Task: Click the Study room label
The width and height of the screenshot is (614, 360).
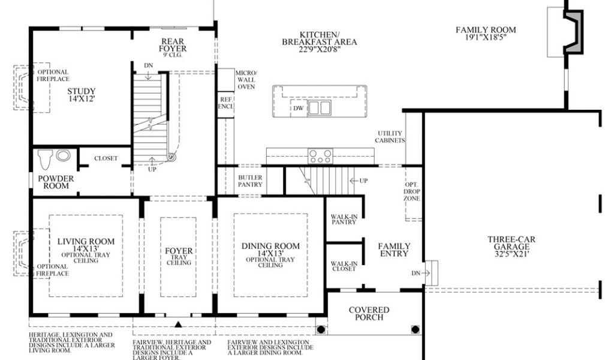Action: [82, 91]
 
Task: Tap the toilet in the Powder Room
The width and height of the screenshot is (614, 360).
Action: [45, 158]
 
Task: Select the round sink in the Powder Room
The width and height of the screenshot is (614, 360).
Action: [63, 155]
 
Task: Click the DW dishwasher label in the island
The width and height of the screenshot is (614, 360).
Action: [299, 108]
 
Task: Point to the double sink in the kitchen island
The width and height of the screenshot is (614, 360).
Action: [319, 107]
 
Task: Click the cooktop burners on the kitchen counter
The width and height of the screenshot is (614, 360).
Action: [320, 156]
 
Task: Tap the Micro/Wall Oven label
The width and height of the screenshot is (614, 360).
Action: [246, 80]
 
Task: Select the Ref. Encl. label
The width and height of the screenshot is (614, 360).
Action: [226, 103]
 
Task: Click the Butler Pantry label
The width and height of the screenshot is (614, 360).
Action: [250, 181]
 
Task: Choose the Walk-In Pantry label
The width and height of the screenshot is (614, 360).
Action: [344, 220]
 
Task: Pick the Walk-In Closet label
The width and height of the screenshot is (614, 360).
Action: [344, 266]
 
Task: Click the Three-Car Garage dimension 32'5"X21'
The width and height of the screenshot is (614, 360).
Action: [511, 254]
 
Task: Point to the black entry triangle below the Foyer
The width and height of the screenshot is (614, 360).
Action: [178, 324]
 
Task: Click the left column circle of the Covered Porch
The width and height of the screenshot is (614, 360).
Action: [321, 329]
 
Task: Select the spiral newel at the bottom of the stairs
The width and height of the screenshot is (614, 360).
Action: [171, 157]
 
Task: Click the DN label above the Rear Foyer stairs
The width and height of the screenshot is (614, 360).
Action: [148, 65]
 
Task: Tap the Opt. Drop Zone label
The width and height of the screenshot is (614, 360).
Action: [412, 191]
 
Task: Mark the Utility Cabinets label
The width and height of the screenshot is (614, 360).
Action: [390, 137]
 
